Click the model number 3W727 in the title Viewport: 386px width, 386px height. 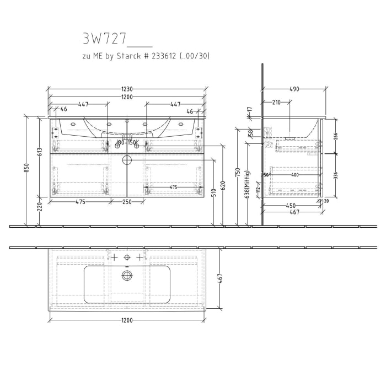[105, 38]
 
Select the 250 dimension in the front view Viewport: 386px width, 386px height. [127, 202]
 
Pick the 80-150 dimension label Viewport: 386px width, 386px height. [126, 143]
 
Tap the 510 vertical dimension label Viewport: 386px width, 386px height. [213, 192]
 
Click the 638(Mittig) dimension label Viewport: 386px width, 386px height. [248, 184]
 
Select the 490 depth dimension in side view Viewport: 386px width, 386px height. [294, 88]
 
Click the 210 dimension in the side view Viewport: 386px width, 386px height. [276, 102]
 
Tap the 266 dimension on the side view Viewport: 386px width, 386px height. [335, 136]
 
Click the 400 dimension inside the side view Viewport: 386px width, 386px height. [295, 175]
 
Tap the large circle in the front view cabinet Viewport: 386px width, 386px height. [127, 160]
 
